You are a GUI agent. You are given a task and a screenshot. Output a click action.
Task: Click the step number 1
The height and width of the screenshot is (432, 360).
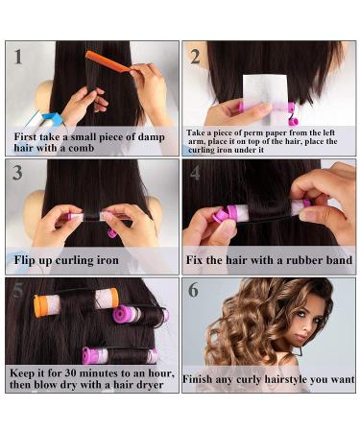click(18, 57)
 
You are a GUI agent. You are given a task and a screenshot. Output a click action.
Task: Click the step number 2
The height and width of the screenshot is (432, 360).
click(195, 57)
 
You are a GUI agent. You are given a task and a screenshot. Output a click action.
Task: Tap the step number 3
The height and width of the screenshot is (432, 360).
click(17, 173)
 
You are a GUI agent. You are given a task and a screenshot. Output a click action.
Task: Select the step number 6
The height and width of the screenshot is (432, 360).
click(193, 290)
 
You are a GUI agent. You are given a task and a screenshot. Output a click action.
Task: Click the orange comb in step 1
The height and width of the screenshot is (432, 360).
click(108, 61)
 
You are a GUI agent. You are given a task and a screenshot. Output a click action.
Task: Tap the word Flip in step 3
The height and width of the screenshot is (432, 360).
click(24, 260)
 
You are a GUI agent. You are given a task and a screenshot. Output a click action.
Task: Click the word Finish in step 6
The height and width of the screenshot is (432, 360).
click(198, 379)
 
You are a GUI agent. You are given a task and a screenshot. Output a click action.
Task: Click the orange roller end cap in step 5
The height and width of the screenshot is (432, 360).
click(38, 306)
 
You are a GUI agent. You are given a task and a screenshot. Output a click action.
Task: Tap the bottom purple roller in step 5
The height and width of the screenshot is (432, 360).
click(120, 355)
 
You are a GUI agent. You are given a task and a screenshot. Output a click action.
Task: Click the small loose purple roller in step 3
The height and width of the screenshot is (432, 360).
click(112, 233)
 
